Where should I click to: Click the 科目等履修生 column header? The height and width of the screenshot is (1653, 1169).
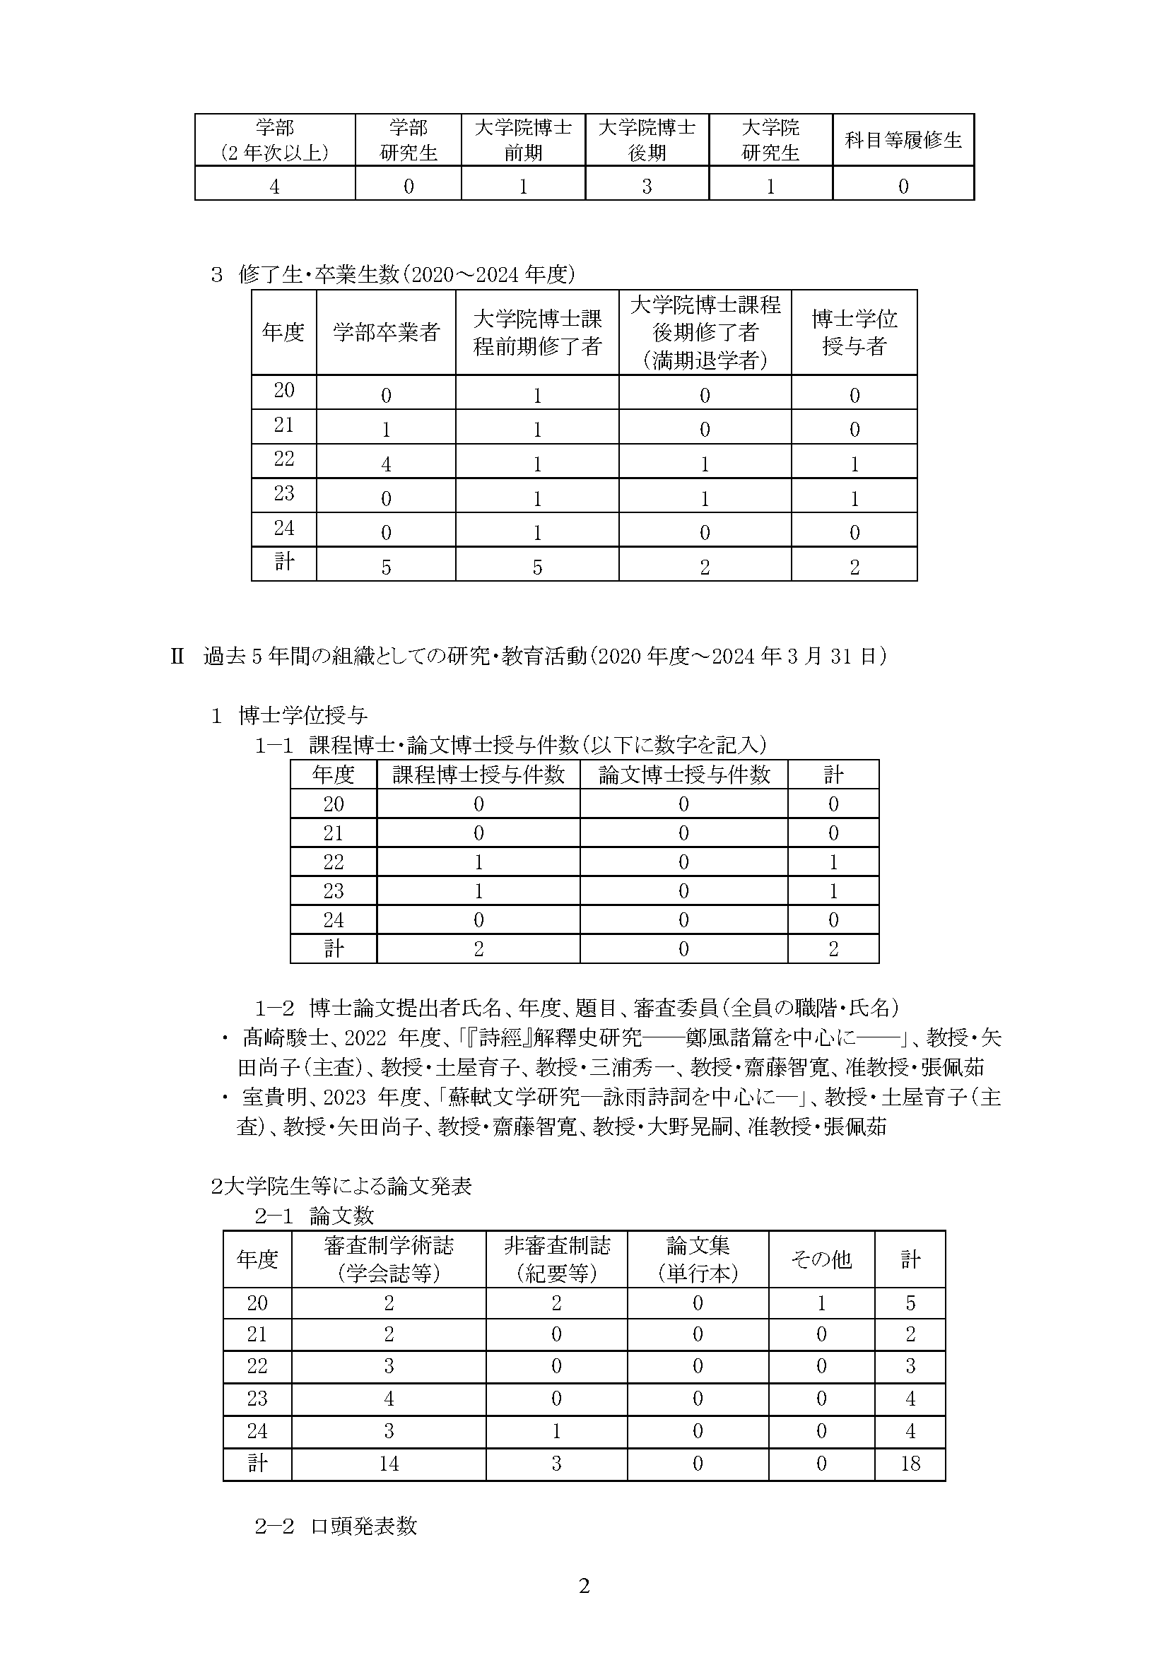[x=903, y=141]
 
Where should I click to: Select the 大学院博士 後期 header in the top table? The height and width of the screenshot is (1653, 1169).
[x=647, y=141]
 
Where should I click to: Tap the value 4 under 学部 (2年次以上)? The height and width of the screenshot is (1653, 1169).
[x=274, y=187]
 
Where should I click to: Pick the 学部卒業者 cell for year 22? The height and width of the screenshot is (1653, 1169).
[x=386, y=464]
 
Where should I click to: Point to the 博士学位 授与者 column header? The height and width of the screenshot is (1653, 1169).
[x=854, y=332]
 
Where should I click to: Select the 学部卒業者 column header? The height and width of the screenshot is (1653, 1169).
[x=386, y=332]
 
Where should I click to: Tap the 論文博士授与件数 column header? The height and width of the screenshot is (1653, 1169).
[x=683, y=775]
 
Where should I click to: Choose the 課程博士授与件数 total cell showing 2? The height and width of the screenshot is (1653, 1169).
[x=478, y=949]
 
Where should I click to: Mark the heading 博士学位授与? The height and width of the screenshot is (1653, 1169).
[x=303, y=715]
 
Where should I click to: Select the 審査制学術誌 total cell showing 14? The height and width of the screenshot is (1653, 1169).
[x=389, y=1464]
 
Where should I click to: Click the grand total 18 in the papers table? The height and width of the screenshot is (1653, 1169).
[x=910, y=1464]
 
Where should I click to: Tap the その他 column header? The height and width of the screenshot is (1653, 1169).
[x=821, y=1259]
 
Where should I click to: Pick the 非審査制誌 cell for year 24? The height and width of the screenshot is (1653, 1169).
[x=556, y=1431]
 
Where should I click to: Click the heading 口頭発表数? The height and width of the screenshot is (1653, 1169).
[x=363, y=1526]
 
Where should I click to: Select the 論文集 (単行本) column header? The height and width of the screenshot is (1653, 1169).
[x=698, y=1259]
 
